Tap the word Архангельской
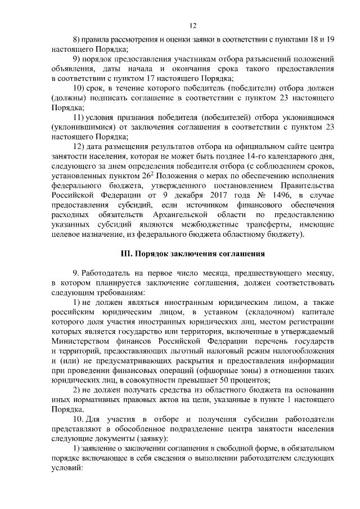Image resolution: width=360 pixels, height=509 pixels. tap(177, 215)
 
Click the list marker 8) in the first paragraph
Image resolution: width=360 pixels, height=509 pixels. tap(78, 40)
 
